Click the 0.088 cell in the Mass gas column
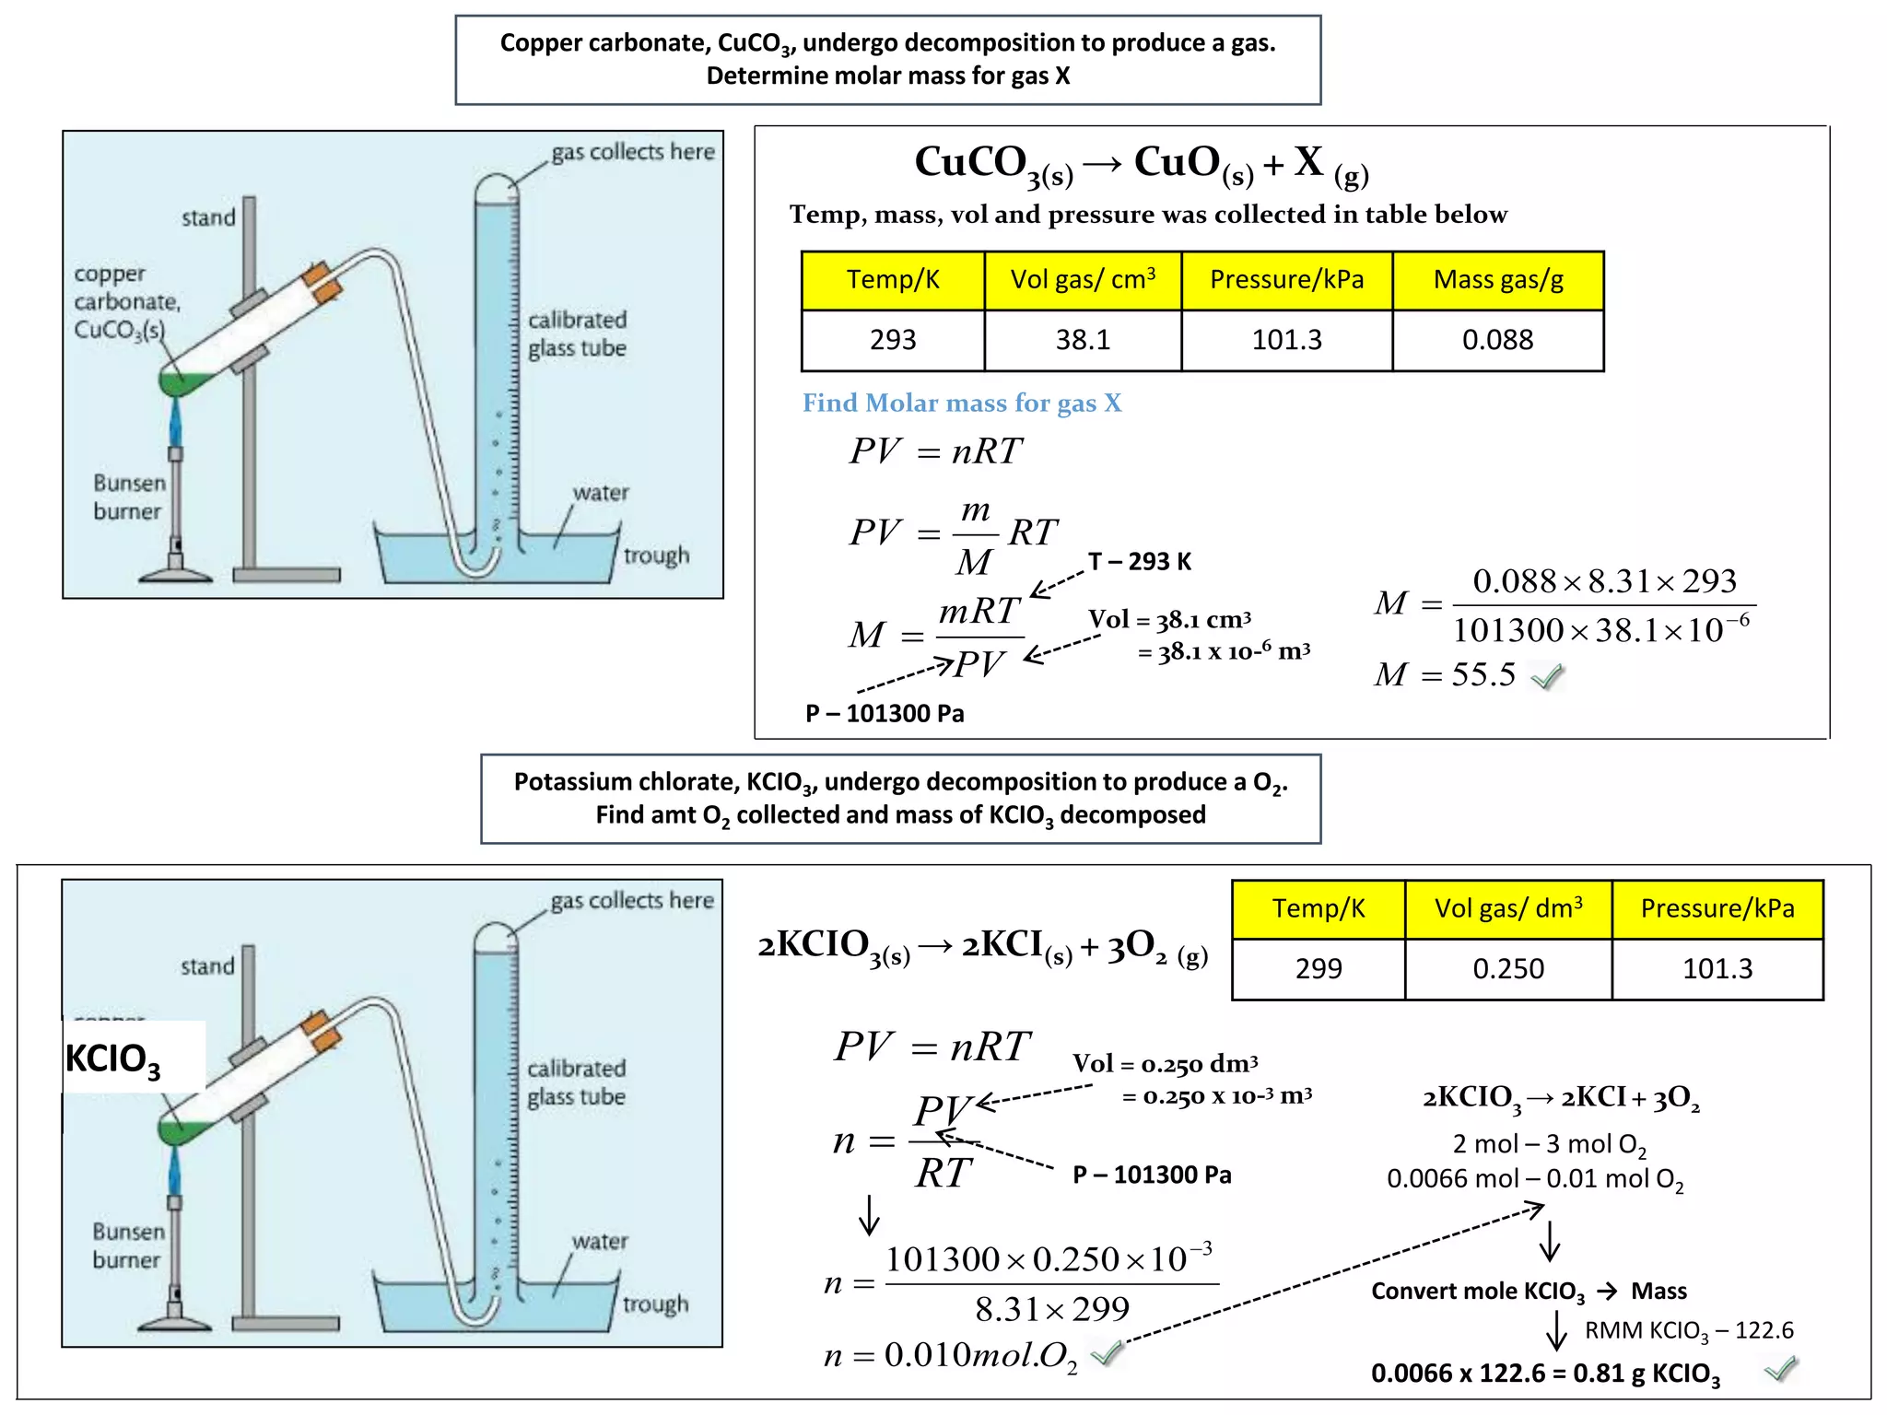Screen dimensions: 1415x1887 pyautogui.click(x=1497, y=340)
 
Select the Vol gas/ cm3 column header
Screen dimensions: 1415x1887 pyautogui.click(x=1083, y=279)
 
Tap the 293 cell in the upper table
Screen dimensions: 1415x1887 pyautogui.click(x=893, y=340)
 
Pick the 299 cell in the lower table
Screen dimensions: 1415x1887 pyautogui.click(x=1319, y=969)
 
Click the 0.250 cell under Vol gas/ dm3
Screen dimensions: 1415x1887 pyautogui.click(x=1508, y=969)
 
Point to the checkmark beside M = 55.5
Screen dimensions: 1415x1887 pyautogui.click(x=1548, y=677)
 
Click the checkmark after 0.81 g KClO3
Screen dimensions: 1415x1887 pyautogui.click(x=1781, y=1370)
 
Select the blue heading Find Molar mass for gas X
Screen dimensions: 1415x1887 pyautogui.click(x=962, y=403)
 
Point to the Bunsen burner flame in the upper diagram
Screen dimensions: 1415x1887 pyautogui.click(x=175, y=423)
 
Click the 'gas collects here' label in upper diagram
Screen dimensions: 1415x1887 pyautogui.click(x=633, y=152)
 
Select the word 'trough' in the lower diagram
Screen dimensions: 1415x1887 pyautogui.click(x=655, y=1304)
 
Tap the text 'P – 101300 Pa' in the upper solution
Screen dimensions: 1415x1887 pyautogui.click(x=885, y=714)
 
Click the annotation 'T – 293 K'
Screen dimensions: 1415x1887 pyautogui.click(x=1140, y=562)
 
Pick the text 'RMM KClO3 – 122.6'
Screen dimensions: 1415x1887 pyautogui.click(x=1689, y=1331)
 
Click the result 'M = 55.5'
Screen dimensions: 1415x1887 pyautogui.click(x=1445, y=675)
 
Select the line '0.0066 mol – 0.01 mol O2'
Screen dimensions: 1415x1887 pyautogui.click(x=1535, y=1180)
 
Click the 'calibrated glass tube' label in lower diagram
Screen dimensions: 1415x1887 pyautogui.click(x=577, y=1082)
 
